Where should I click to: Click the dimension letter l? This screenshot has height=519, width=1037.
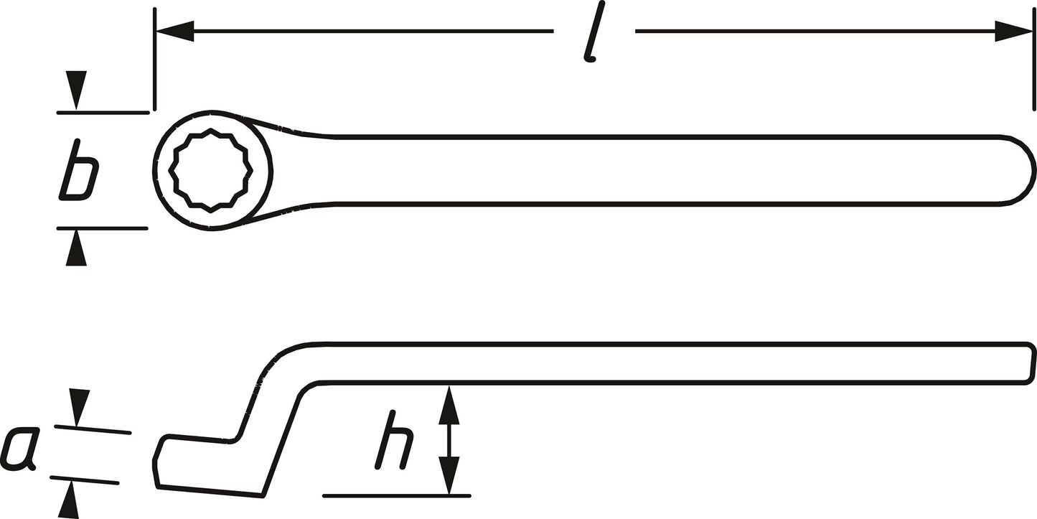[x=593, y=32]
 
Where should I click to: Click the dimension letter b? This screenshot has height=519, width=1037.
[x=79, y=171]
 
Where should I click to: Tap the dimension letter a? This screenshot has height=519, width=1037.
[x=19, y=448]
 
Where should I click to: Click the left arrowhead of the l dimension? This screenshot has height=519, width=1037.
[x=175, y=31]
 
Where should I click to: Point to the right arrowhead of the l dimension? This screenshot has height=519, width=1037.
[x=1014, y=31]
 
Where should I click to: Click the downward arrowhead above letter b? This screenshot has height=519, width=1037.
[x=76, y=90]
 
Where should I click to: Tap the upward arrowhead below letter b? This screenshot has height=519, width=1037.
[x=76, y=248]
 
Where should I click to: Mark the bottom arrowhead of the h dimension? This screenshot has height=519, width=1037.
[x=449, y=475]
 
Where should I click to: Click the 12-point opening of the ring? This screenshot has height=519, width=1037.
[x=211, y=171]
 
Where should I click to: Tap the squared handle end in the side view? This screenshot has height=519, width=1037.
[x=1030, y=363]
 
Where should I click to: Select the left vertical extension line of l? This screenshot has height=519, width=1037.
[x=154, y=60]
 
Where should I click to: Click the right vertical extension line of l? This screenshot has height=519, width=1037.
[x=1034, y=60]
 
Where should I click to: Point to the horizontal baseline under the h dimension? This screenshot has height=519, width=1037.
[x=397, y=496]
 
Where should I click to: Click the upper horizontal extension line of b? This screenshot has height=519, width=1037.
[x=103, y=113]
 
